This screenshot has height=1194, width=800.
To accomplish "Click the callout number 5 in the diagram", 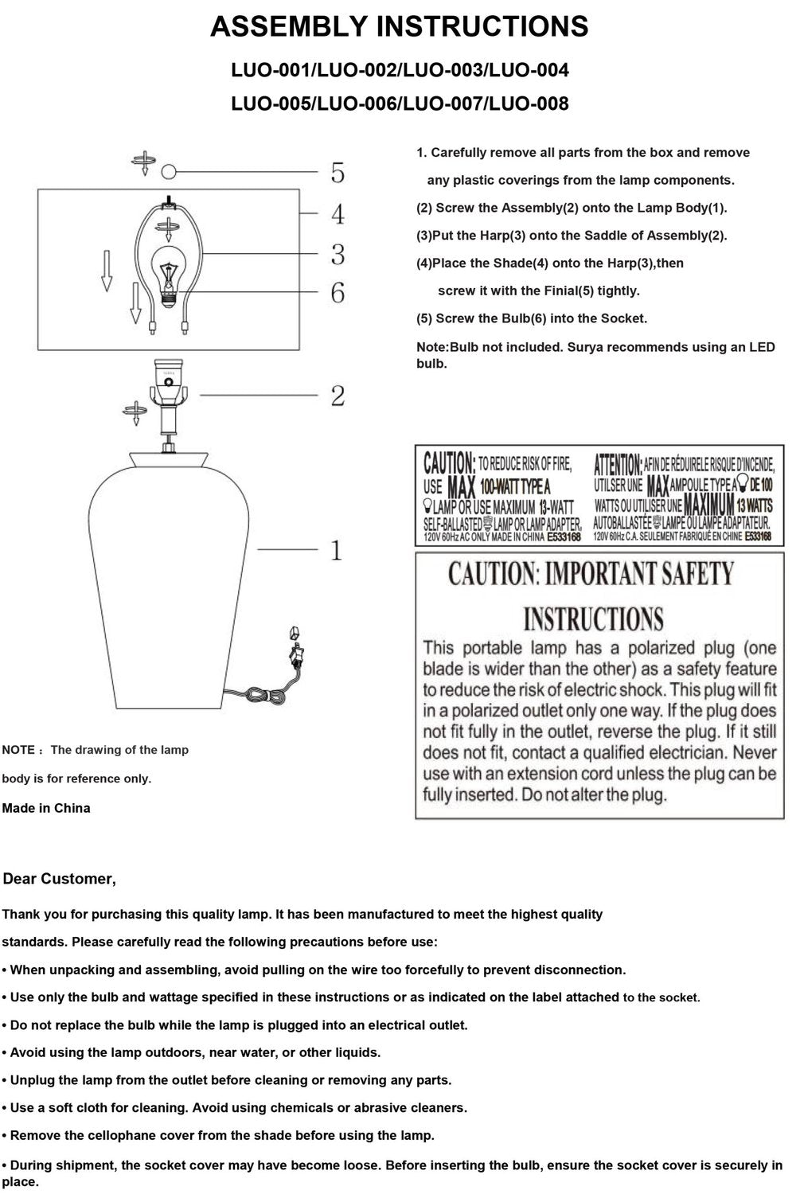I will click(x=338, y=172).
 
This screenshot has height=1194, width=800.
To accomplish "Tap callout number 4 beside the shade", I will click(x=338, y=213).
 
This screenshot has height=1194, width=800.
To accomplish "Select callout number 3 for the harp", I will click(x=338, y=254).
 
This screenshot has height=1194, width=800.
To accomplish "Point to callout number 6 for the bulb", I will click(x=338, y=293).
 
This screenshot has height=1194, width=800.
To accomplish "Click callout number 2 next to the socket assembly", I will click(x=338, y=396).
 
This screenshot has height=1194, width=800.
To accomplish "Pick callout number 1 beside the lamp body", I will click(x=337, y=550).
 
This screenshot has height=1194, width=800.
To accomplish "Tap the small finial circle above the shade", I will click(x=168, y=172).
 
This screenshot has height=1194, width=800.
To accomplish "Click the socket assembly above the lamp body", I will click(x=168, y=390).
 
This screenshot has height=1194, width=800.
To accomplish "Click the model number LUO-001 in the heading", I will click(x=271, y=71).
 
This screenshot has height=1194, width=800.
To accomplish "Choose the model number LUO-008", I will click(x=529, y=103).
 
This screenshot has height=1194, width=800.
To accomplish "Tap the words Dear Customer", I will click(x=60, y=879).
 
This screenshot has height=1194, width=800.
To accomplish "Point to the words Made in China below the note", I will click(x=46, y=808).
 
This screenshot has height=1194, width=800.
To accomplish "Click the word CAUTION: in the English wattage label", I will click(x=449, y=462).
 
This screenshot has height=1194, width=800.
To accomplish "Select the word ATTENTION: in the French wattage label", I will click(x=619, y=462).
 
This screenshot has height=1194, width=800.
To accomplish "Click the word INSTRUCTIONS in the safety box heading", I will click(x=593, y=618).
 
